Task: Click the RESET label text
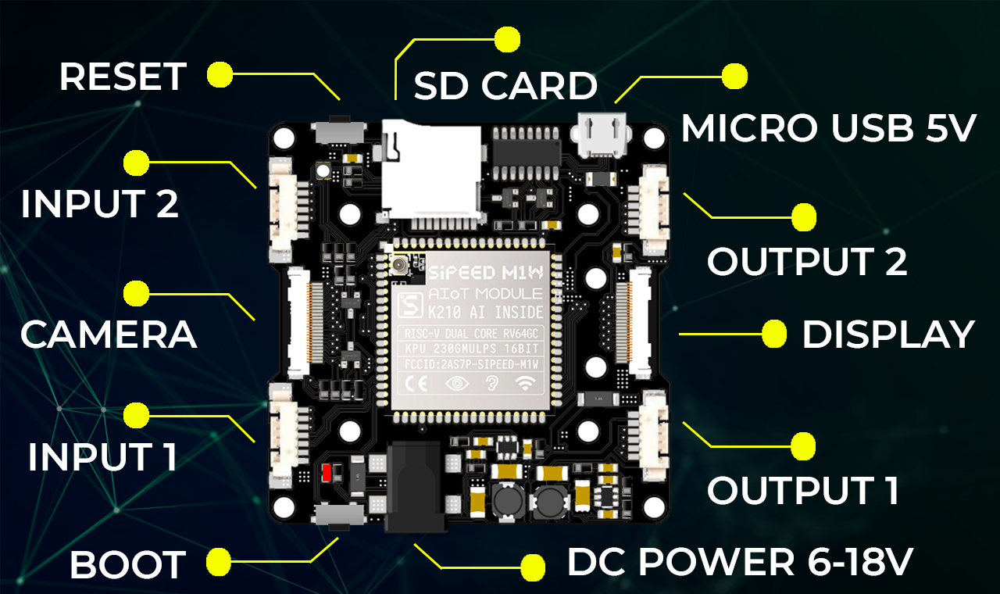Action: pyautogui.click(x=123, y=77)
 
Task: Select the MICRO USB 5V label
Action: pyautogui.click(x=828, y=128)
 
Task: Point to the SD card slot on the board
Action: pyautogui.click(x=431, y=170)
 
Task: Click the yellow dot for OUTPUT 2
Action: pyautogui.click(x=803, y=217)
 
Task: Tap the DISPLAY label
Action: pyautogui.click(x=888, y=335)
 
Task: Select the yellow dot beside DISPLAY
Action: pyautogui.click(x=774, y=334)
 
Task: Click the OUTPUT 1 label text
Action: pyautogui.click(x=803, y=490)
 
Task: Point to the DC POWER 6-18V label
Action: pyautogui.click(x=740, y=562)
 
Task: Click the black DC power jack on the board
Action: pyautogui.click(x=414, y=485)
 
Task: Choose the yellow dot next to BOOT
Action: pyautogui.click(x=218, y=560)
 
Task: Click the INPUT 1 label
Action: pyautogui.click(x=102, y=457)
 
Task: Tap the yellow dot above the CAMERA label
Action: pyautogui.click(x=137, y=293)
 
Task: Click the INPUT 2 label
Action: pyautogui.click(x=100, y=204)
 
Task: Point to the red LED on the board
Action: pyautogui.click(x=327, y=472)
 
